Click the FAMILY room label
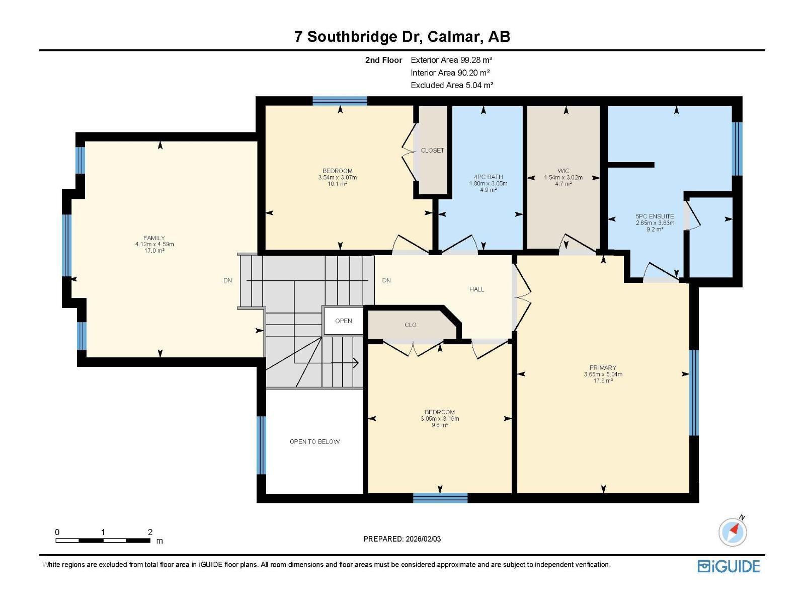click(x=154, y=238)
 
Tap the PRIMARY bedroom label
click(x=603, y=368)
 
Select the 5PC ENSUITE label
click(x=655, y=216)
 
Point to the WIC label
click(x=563, y=171)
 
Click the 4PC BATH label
click(x=488, y=177)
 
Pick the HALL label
click(x=476, y=289)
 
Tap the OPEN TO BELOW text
click(x=314, y=442)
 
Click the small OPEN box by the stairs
click(x=344, y=321)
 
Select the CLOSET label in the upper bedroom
click(x=432, y=150)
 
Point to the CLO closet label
click(x=411, y=325)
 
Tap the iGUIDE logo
click(x=729, y=566)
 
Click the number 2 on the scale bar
click(x=150, y=532)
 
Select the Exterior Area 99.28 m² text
click(x=451, y=60)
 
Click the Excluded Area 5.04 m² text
click(x=452, y=85)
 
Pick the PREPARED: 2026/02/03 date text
click(x=402, y=539)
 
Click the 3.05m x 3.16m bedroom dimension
click(x=440, y=419)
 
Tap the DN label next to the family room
click(x=228, y=280)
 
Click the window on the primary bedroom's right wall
click(x=694, y=392)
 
